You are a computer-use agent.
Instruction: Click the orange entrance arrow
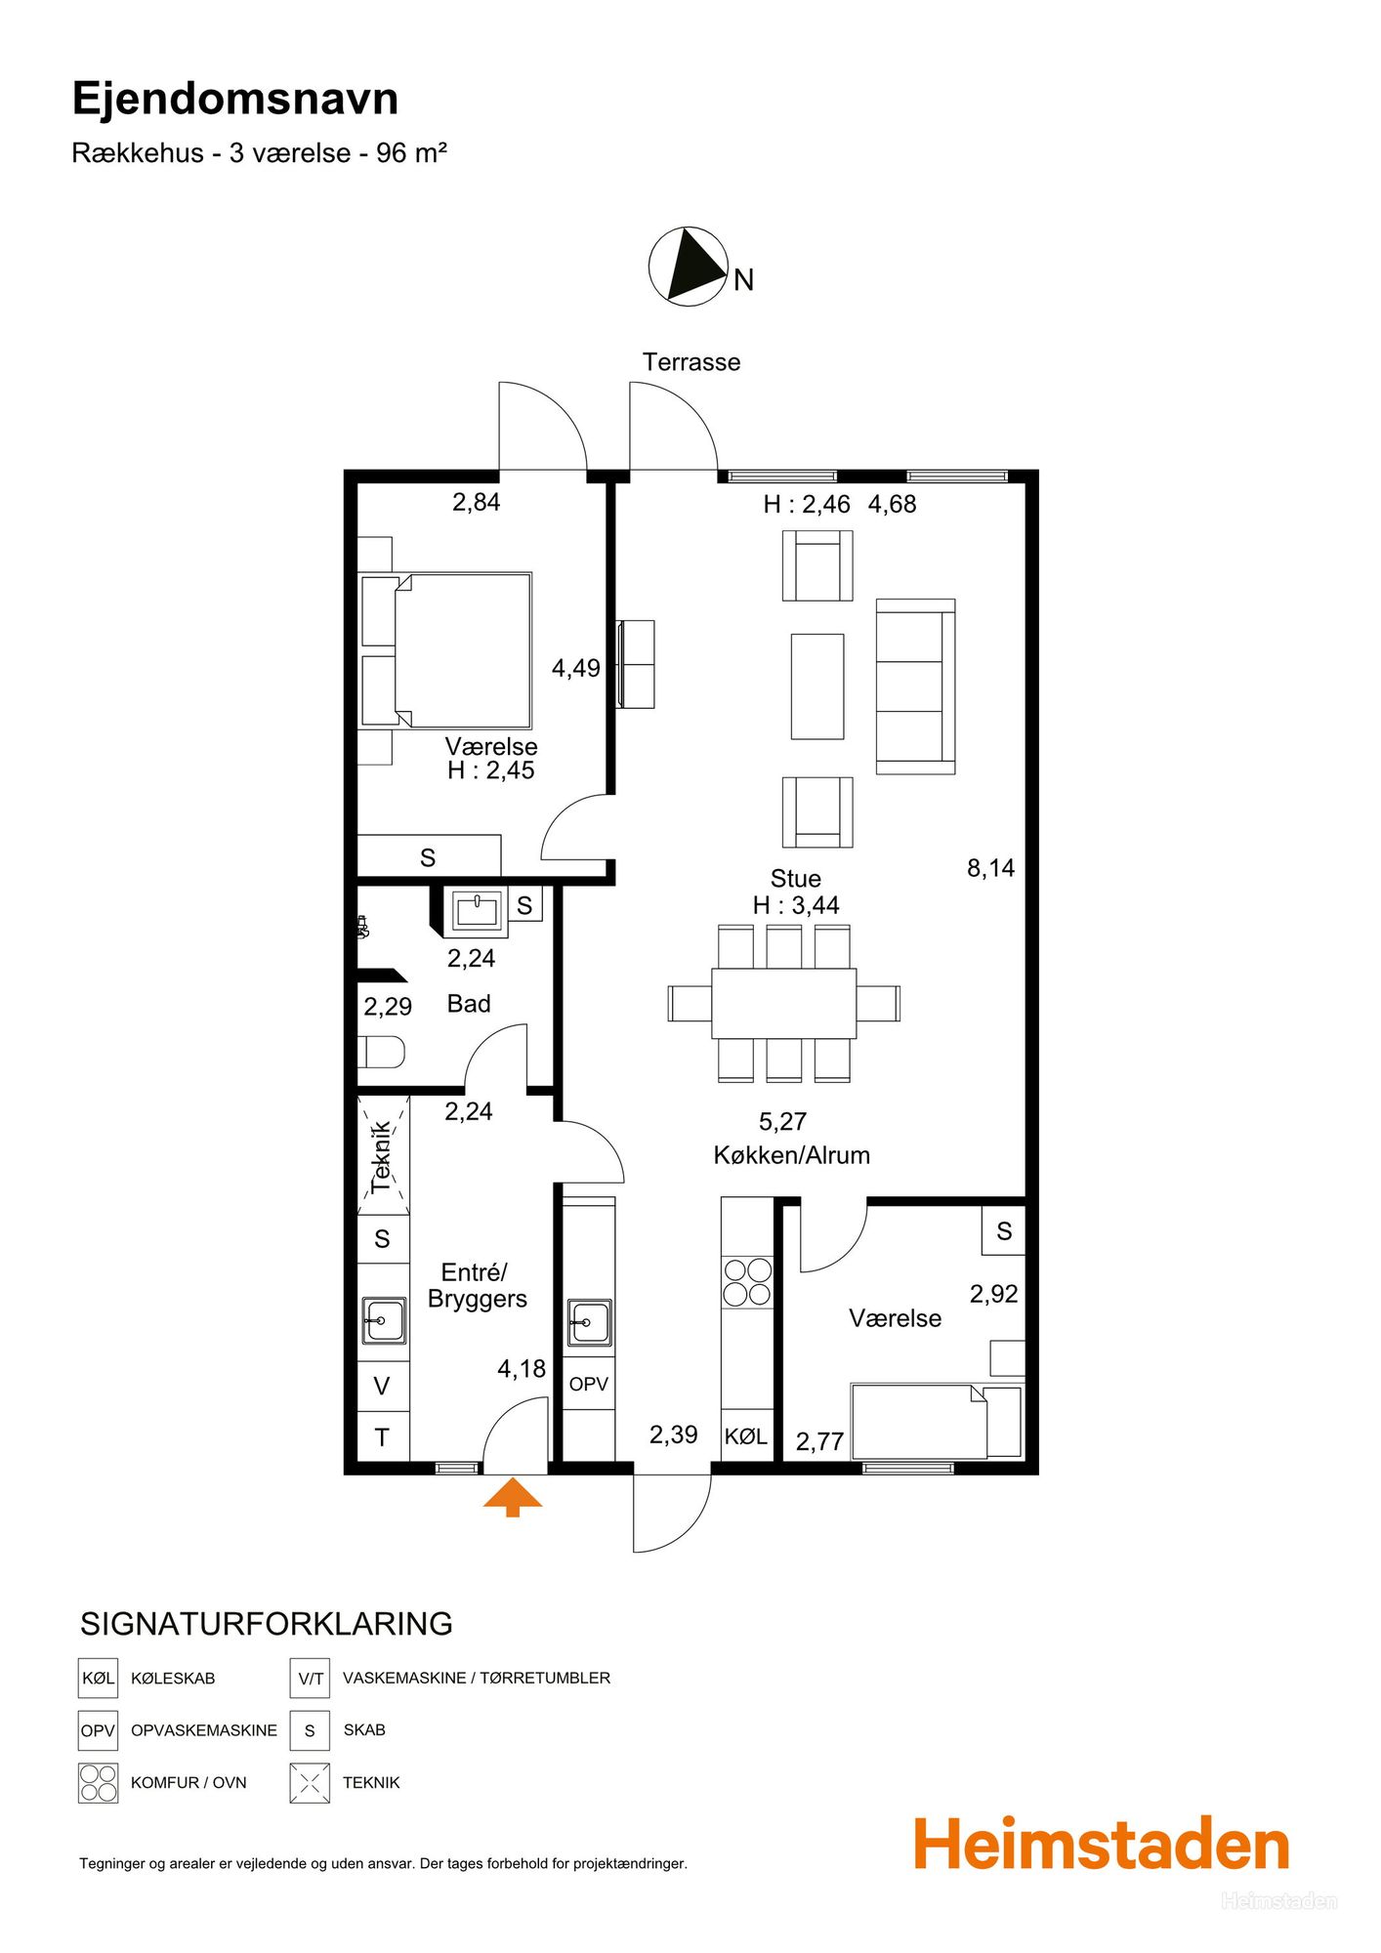[513, 1497]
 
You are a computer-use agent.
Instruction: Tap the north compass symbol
[689, 267]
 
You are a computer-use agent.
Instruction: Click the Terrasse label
[691, 362]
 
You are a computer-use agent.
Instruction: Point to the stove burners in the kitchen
[747, 1282]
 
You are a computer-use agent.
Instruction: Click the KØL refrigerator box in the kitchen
[747, 1435]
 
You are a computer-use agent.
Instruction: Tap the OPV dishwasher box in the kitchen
[589, 1384]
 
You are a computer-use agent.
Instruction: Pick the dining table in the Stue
[784, 1003]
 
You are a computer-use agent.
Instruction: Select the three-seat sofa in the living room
[915, 686]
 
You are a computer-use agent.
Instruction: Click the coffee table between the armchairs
[817, 686]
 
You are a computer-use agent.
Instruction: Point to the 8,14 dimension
[991, 868]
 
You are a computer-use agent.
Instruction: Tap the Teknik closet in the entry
[383, 1155]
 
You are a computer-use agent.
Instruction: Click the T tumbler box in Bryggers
[383, 1437]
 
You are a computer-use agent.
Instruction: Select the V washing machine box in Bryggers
[383, 1386]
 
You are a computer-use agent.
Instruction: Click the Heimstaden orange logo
[1102, 1845]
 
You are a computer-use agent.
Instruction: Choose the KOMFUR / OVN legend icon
[98, 1782]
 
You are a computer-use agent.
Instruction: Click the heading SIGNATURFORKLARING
[267, 1624]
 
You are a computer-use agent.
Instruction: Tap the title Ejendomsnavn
[235, 99]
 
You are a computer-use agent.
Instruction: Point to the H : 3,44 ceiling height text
[796, 905]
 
